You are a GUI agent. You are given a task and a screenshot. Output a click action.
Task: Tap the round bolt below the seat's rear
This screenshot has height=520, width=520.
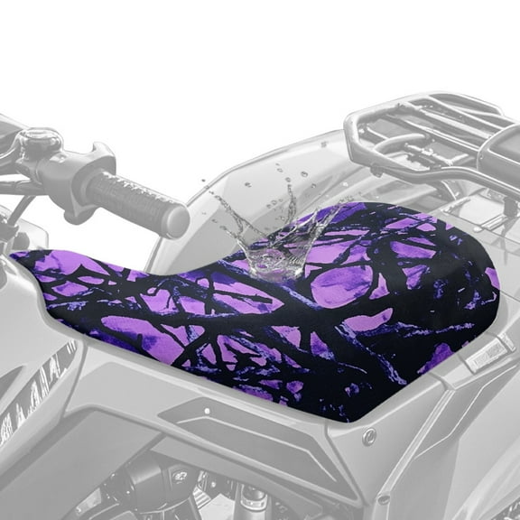click(x=368, y=436)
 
